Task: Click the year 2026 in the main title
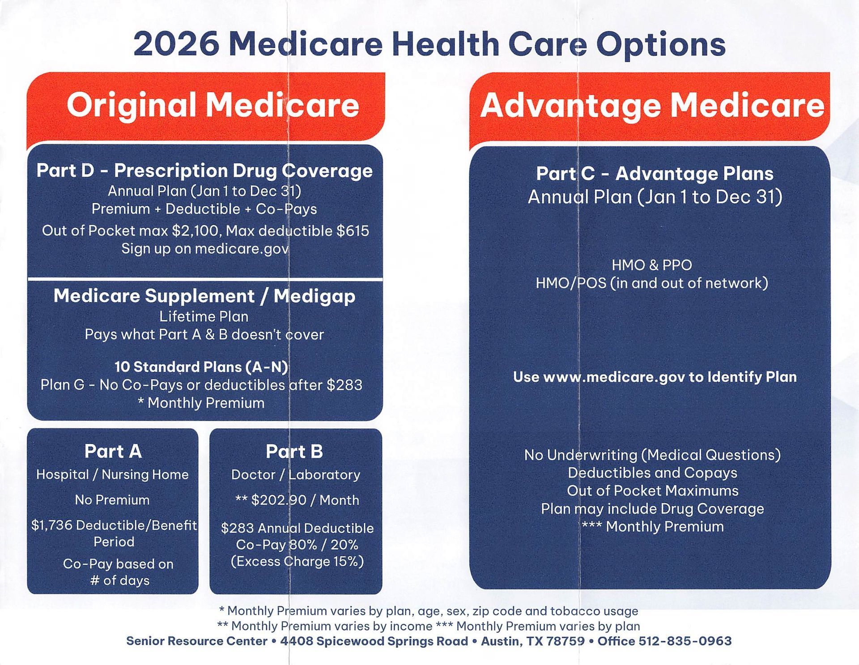coord(177,45)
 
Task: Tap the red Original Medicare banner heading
coord(213,106)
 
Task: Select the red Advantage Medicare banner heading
coord(652,106)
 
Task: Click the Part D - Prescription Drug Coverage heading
coord(204,171)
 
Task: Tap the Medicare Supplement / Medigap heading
coord(204,296)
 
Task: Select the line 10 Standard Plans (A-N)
coord(201,367)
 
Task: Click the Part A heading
coord(113,451)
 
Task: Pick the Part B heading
coord(294,451)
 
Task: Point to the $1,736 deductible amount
coord(52,525)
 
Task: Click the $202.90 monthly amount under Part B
coord(272,500)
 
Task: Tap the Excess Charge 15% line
coord(297,562)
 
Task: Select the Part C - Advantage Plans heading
coord(655,174)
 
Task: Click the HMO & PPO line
coord(651,265)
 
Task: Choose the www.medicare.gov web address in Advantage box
coord(614,377)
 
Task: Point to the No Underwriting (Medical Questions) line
coord(652,455)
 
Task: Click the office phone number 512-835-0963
coord(685,641)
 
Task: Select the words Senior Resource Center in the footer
coord(197,641)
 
